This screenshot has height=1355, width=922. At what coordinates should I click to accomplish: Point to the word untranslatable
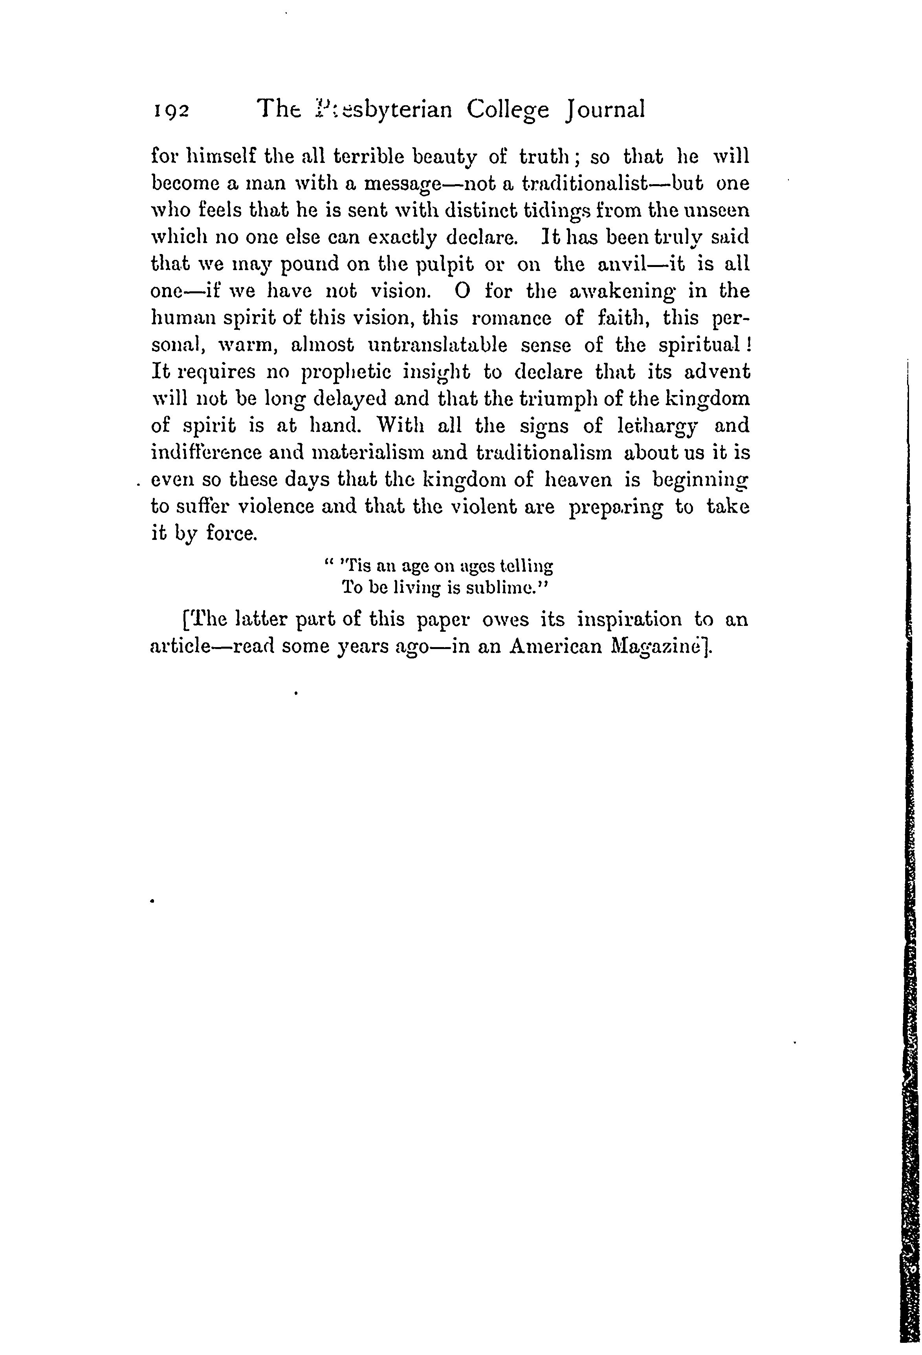click(x=438, y=345)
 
